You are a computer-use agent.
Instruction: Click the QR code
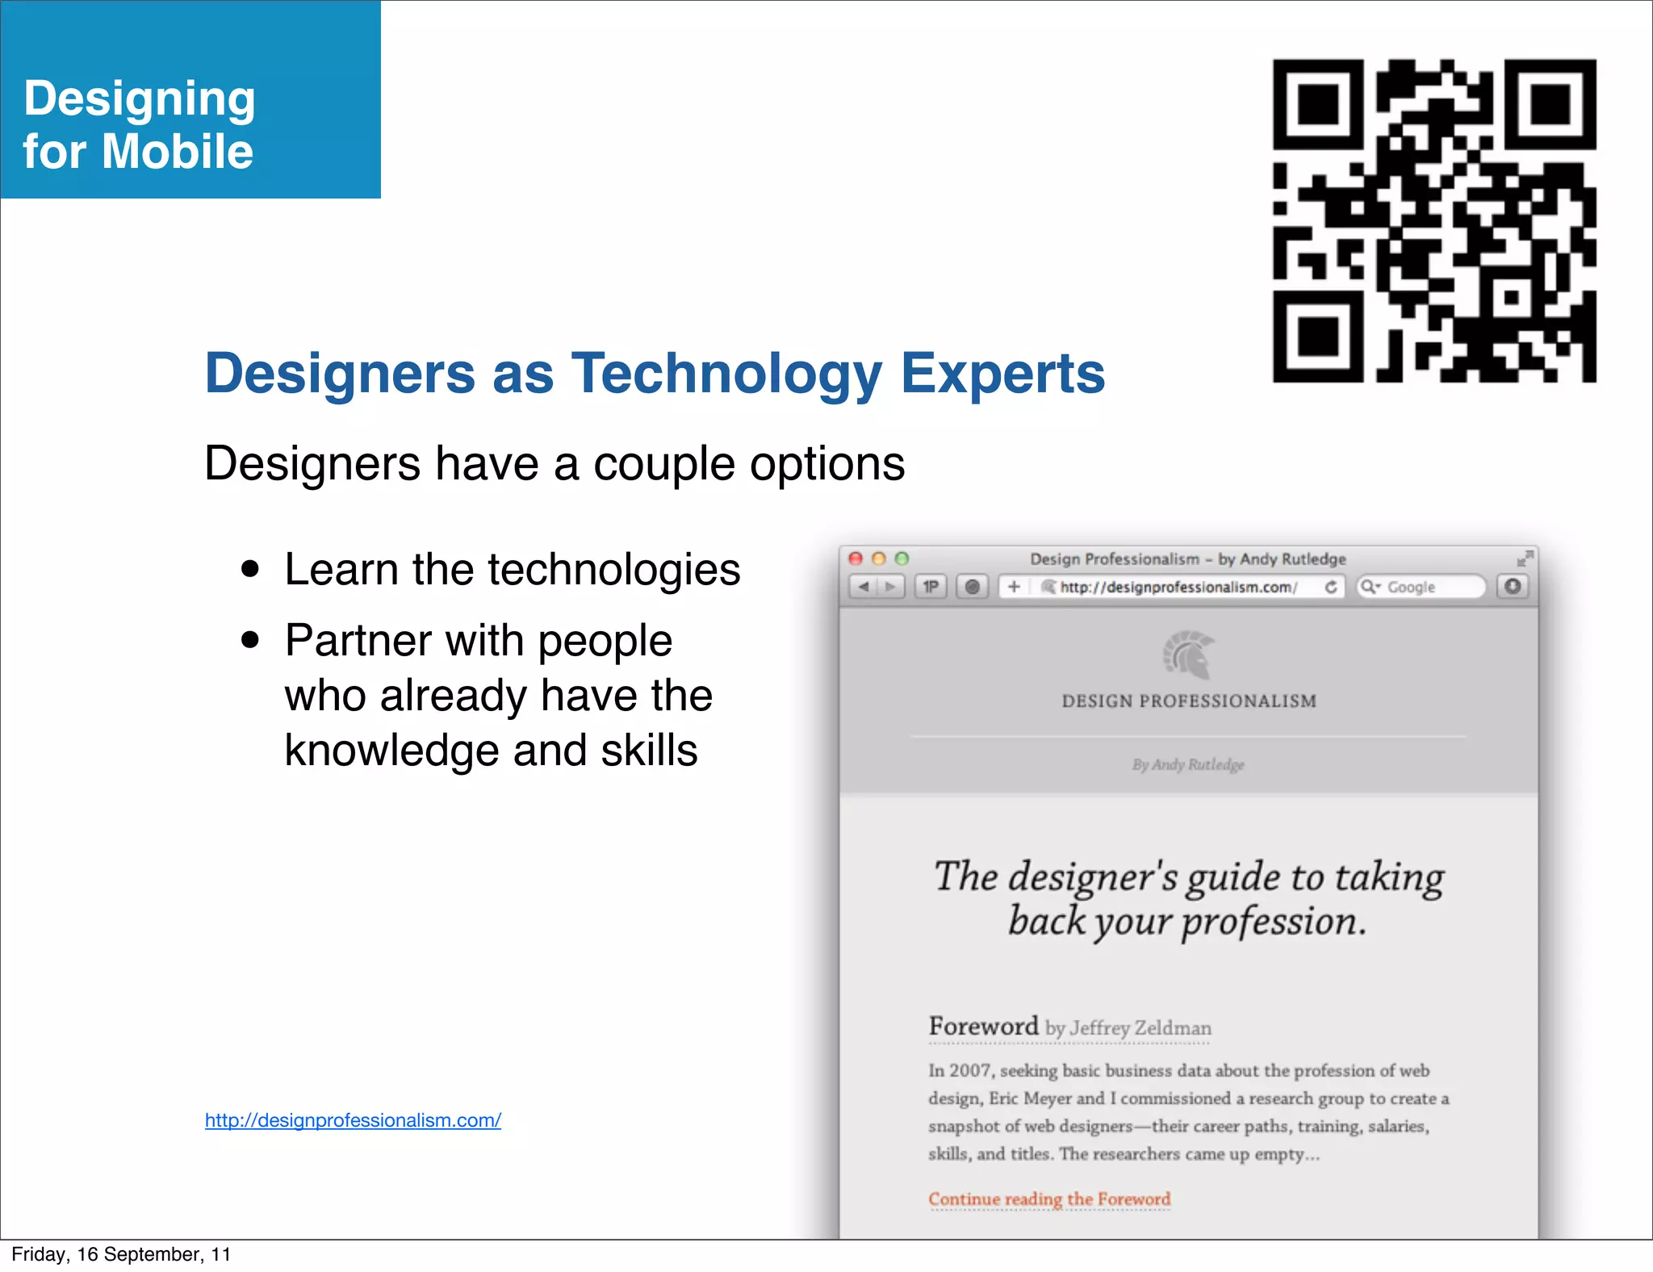point(1434,220)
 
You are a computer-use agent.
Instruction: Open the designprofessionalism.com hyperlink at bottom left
point(353,1120)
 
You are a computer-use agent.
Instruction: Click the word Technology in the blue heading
point(726,374)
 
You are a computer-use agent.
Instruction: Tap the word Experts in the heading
point(1002,374)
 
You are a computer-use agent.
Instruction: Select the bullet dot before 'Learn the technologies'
point(250,569)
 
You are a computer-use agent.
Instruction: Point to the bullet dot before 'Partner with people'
point(250,640)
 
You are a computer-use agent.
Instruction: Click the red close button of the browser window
point(856,559)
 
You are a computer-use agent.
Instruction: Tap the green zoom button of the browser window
point(902,559)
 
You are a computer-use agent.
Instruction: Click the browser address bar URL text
point(1178,587)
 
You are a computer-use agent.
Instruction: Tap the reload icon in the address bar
point(1331,587)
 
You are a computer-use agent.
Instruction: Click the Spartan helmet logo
point(1188,655)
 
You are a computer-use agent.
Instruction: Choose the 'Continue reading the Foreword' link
point(1049,1199)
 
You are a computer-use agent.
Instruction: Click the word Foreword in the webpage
point(983,1026)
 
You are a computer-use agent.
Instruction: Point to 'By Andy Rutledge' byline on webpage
point(1188,764)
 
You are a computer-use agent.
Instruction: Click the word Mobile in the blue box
point(178,152)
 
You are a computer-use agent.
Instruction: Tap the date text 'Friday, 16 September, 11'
point(121,1254)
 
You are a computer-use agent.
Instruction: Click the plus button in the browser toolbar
point(1014,587)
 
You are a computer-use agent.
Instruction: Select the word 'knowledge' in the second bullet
point(392,751)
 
